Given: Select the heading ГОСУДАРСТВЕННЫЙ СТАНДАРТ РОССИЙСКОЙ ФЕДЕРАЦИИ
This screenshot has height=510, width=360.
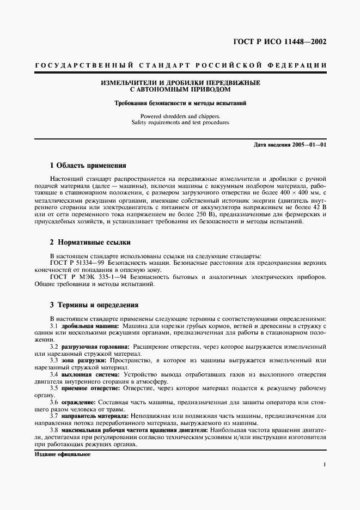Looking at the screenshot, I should [180, 65].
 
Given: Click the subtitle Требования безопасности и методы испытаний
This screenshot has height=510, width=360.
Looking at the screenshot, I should [180, 103].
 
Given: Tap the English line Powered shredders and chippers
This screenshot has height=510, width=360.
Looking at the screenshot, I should [180, 116].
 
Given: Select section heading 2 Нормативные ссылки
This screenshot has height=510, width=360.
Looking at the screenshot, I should [90, 242].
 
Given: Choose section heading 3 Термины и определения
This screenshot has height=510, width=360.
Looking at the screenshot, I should [94, 305].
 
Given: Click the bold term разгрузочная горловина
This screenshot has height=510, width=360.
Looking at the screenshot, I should [95, 347].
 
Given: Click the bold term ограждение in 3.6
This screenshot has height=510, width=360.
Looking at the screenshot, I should [77, 403].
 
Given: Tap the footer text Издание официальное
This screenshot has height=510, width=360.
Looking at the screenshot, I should [62, 454].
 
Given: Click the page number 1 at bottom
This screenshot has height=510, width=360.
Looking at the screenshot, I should [325, 465].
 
